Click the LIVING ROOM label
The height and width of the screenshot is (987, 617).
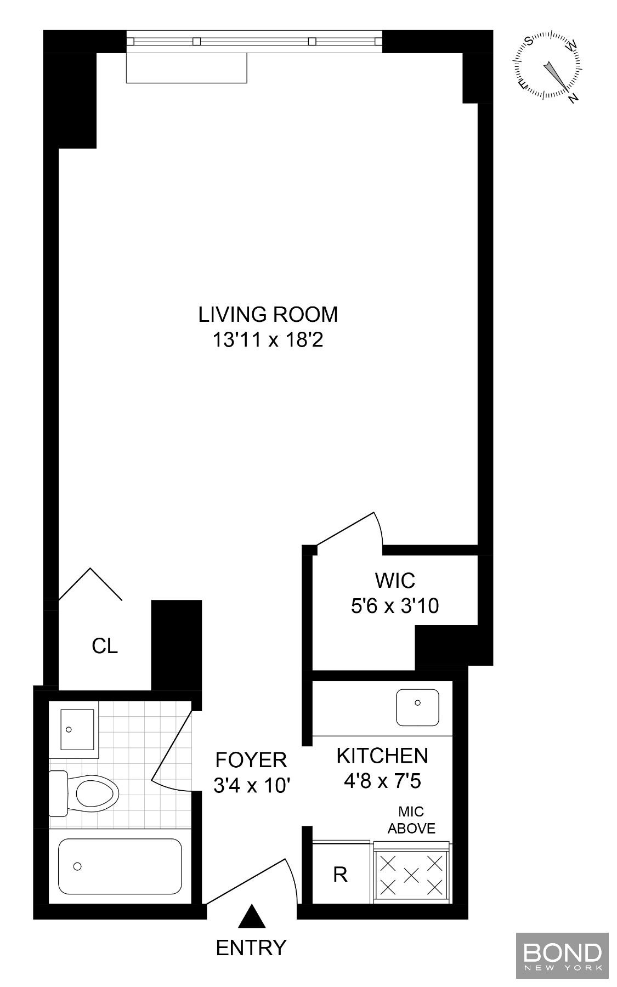pos(268,315)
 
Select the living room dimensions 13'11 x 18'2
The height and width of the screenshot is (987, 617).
pos(268,341)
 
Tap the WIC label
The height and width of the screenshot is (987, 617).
pos(395,580)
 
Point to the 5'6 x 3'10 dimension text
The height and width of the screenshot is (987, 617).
pos(395,606)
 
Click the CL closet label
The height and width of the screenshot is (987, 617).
pos(105,646)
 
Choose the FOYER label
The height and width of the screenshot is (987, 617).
pos(251,761)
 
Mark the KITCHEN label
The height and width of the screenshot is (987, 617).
pos(382,756)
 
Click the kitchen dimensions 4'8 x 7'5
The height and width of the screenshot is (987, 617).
pos(382,781)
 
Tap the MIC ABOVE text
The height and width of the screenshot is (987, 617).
pos(411,820)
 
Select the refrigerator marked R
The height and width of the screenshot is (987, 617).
pos(340,874)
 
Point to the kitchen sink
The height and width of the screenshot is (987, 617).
pos(418,707)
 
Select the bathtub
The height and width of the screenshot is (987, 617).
pos(120,866)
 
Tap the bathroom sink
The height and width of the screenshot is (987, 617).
pos(77,729)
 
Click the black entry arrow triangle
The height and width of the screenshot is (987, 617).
pos(252,916)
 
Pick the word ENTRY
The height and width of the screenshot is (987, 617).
pos(251,948)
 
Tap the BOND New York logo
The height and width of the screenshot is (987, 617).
pos(562,955)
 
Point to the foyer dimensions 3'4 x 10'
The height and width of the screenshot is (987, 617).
pos(251,786)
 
